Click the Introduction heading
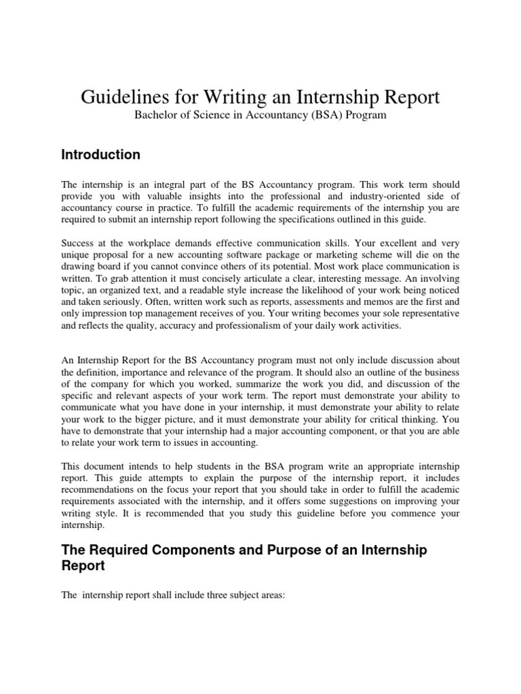pos(101,155)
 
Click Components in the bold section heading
pos(193,550)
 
